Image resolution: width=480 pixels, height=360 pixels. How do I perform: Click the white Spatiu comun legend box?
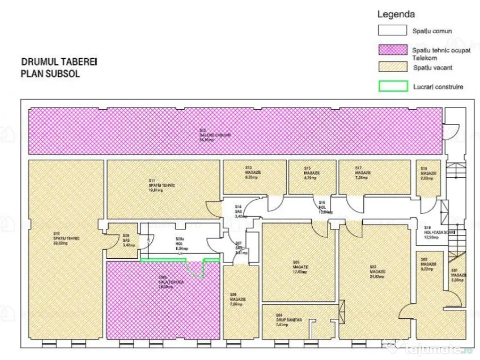click(x=392, y=30)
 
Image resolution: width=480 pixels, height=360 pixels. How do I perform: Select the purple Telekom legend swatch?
click(x=392, y=50)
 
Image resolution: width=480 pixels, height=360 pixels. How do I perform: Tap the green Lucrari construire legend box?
click(x=392, y=87)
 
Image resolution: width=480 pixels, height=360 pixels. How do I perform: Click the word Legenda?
click(x=396, y=15)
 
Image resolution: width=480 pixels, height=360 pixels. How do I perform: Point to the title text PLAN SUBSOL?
click(x=50, y=74)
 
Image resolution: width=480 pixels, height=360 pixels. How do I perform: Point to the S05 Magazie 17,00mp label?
click(x=300, y=267)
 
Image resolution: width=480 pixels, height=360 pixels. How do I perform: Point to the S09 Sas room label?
click(x=126, y=239)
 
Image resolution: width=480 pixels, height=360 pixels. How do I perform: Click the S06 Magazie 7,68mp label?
click(x=237, y=299)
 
